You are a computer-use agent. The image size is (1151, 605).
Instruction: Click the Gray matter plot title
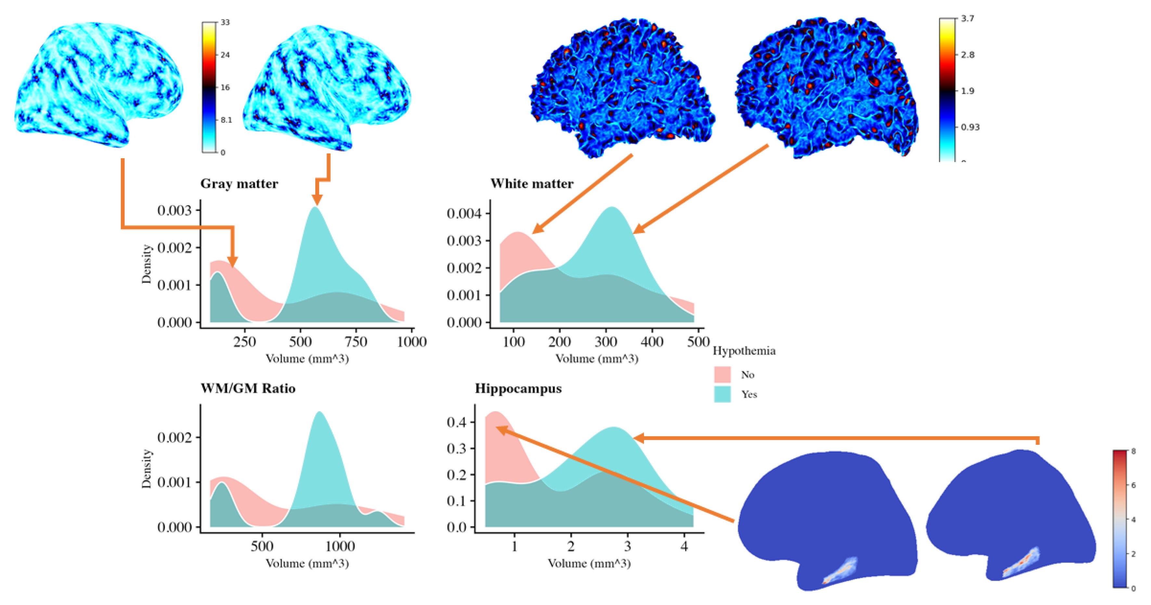(x=239, y=184)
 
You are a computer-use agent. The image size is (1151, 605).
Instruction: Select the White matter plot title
(x=532, y=184)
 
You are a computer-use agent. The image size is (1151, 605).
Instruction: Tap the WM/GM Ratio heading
(x=248, y=388)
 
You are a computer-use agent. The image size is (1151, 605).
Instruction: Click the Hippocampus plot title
(x=518, y=388)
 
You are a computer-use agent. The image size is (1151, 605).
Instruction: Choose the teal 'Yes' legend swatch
(x=722, y=394)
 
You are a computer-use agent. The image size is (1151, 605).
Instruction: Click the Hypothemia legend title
(x=744, y=351)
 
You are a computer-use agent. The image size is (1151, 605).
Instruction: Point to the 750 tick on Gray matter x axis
(x=356, y=342)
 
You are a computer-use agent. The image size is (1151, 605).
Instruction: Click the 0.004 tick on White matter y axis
(x=465, y=214)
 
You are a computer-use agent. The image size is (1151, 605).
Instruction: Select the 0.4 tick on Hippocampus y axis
(x=457, y=422)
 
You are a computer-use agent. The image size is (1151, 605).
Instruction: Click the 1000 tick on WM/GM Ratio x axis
(x=340, y=546)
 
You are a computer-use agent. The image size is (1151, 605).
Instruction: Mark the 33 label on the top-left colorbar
(x=225, y=22)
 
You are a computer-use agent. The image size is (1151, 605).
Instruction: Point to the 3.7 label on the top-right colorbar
(x=967, y=19)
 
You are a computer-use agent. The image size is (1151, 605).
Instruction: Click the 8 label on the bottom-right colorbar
(x=1133, y=452)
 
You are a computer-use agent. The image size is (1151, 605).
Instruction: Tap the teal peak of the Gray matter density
(x=316, y=208)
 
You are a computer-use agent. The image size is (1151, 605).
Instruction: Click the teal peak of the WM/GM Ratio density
(x=320, y=413)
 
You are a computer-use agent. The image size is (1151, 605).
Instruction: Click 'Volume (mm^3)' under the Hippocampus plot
(x=589, y=563)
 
